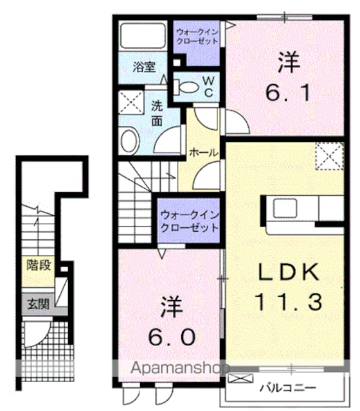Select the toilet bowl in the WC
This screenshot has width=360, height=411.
(x=186, y=87)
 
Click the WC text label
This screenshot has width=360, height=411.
(x=208, y=87)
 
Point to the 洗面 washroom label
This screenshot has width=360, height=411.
(x=157, y=114)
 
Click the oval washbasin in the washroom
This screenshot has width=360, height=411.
(x=129, y=141)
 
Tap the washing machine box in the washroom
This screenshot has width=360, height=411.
(x=131, y=103)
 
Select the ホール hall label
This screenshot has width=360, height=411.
(x=204, y=152)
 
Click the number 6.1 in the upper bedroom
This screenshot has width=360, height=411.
(x=289, y=93)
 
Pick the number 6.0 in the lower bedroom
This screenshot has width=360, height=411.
(x=172, y=337)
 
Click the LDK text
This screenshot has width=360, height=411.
(x=289, y=272)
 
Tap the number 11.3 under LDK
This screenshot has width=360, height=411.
(x=288, y=302)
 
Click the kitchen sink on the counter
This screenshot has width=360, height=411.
(x=285, y=208)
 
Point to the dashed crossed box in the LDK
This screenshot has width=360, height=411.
(x=330, y=156)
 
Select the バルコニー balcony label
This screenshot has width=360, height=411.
(x=288, y=388)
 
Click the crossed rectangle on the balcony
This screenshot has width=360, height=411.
(x=240, y=378)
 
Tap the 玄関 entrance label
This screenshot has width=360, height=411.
(x=39, y=304)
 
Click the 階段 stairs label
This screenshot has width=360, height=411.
(x=39, y=265)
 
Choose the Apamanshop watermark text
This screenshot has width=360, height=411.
(x=180, y=369)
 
